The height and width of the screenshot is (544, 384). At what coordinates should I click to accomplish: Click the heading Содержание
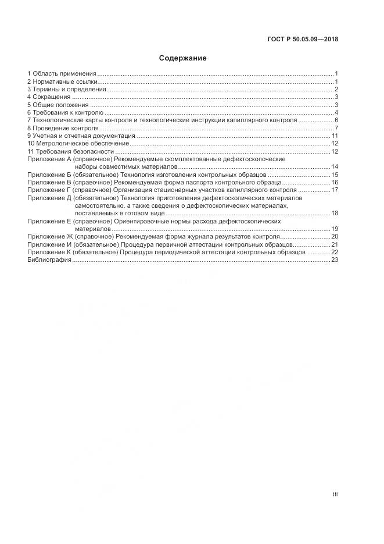[182, 58]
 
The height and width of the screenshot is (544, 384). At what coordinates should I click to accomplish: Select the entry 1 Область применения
[62, 73]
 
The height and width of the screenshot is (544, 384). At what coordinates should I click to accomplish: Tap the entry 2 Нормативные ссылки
[63, 81]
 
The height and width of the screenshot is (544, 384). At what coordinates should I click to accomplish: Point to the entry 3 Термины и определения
[67, 89]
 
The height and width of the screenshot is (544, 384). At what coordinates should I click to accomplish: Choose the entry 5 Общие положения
[58, 105]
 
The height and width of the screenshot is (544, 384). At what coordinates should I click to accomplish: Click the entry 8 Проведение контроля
[63, 128]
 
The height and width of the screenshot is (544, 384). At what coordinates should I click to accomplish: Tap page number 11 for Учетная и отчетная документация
[335, 136]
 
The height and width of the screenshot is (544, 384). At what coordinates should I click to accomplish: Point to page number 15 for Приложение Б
[335, 175]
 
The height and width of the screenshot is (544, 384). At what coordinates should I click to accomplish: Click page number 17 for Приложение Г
[335, 190]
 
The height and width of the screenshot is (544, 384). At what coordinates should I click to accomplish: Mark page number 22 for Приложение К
[335, 253]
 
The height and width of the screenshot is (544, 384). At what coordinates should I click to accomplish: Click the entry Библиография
[49, 260]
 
